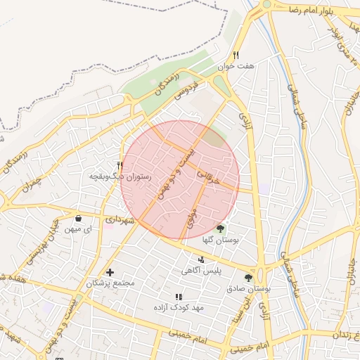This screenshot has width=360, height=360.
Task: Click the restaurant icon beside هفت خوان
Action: click(236, 55)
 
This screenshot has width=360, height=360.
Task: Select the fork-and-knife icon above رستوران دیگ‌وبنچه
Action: click(120, 166)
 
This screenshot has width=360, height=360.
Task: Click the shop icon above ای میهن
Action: click(78, 219)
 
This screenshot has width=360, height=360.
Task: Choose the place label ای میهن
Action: click(78, 229)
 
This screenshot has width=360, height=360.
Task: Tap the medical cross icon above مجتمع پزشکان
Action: click(110, 272)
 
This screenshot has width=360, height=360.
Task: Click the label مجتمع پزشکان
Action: click(110, 283)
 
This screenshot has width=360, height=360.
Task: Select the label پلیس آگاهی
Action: click(202, 271)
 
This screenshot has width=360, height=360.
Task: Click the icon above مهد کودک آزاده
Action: click(179, 297)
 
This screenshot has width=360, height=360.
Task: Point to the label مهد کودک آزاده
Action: click(179, 308)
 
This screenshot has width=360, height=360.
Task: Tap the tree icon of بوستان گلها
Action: click(221, 229)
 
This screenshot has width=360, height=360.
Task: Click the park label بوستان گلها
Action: click(221, 240)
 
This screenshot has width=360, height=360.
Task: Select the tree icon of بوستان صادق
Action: click(248, 278)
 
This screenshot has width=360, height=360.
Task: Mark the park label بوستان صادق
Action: click(248, 289)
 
